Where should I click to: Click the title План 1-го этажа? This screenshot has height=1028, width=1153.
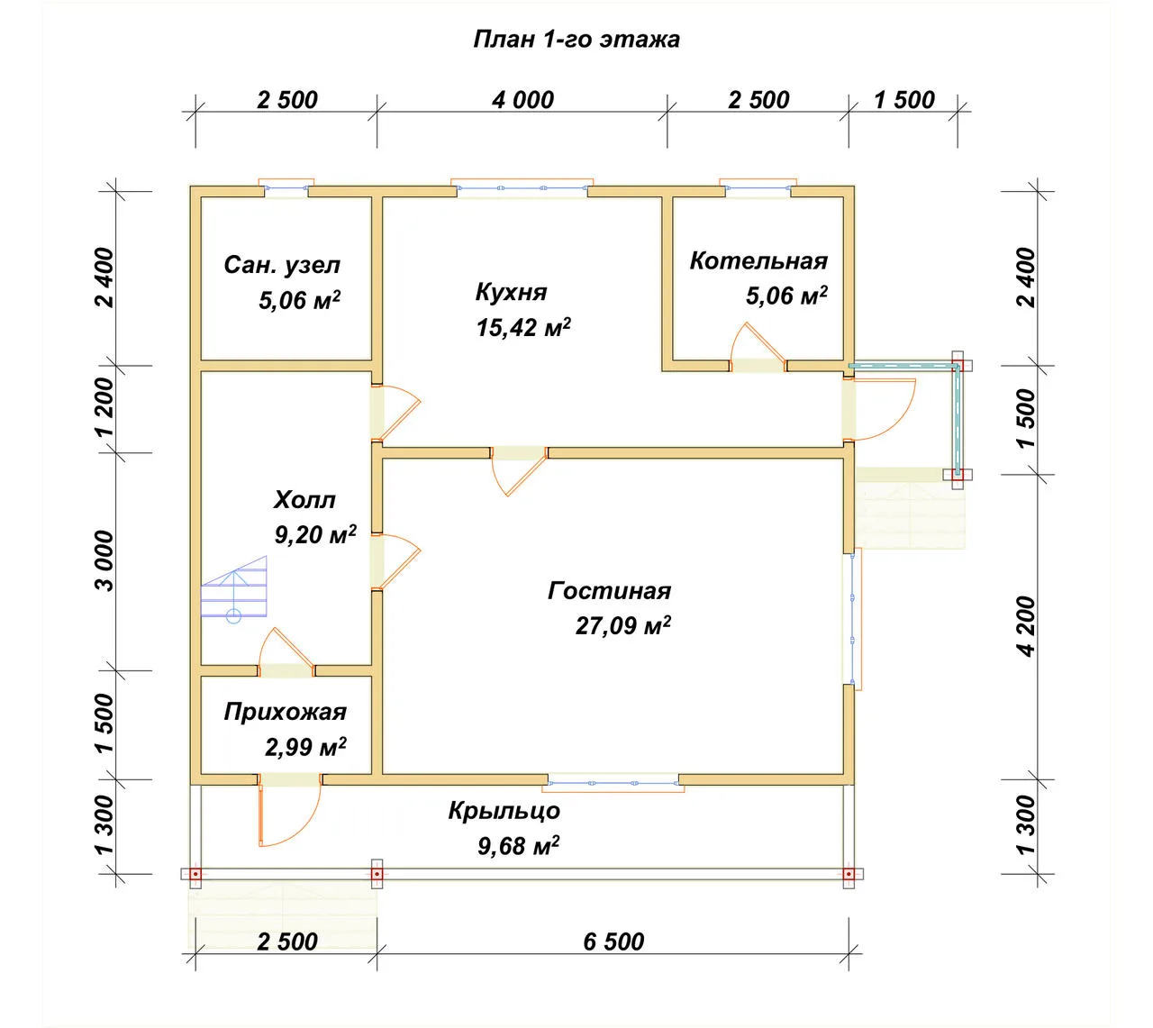tap(576, 40)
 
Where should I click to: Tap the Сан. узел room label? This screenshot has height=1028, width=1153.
tap(282, 265)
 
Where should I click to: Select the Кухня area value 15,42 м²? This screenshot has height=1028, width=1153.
tap(523, 327)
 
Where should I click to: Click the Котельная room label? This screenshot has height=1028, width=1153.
tap(758, 260)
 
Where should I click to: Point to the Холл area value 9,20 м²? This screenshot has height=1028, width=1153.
tap(315, 534)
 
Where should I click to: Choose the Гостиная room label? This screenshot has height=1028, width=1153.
tap(609, 591)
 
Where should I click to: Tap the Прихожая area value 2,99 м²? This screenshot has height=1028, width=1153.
tap(305, 747)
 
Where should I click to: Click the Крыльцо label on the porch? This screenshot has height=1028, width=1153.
tap(504, 811)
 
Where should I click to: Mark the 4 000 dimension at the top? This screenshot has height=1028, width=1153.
tap(522, 100)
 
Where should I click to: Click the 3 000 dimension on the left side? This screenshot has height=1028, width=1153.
tap(106, 560)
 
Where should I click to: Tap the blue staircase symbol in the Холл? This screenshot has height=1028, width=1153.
tap(234, 589)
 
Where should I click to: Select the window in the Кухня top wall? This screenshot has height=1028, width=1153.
tap(522, 187)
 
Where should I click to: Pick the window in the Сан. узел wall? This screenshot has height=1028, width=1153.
tap(286, 187)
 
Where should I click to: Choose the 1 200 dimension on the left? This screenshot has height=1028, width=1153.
tap(106, 407)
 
